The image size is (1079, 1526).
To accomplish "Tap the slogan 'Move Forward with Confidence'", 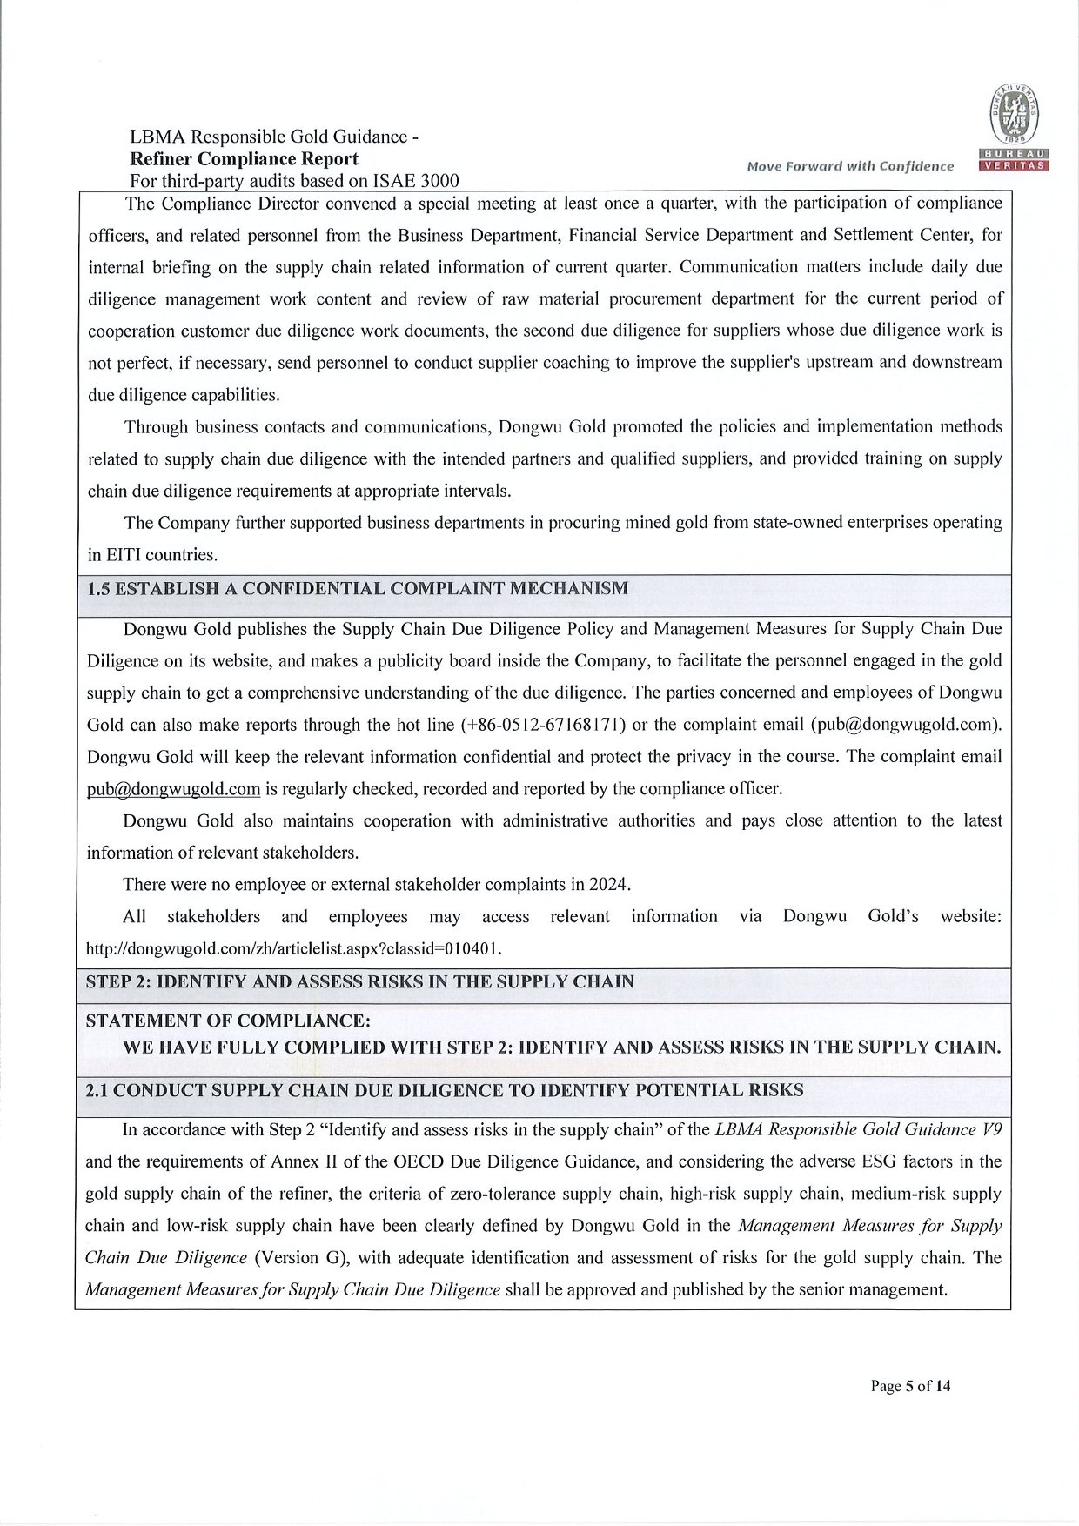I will tap(848, 166).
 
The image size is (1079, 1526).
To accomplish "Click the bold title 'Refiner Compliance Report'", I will tap(244, 159).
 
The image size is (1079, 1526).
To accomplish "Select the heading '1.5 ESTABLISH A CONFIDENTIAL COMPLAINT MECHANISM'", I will tap(358, 589).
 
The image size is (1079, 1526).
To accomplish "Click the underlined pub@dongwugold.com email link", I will tap(174, 789).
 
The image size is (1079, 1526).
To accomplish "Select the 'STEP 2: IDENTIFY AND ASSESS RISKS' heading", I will tap(359, 982).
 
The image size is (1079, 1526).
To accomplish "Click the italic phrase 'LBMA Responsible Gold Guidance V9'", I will tap(857, 1130).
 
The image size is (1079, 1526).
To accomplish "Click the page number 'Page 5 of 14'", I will tap(910, 1387).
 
